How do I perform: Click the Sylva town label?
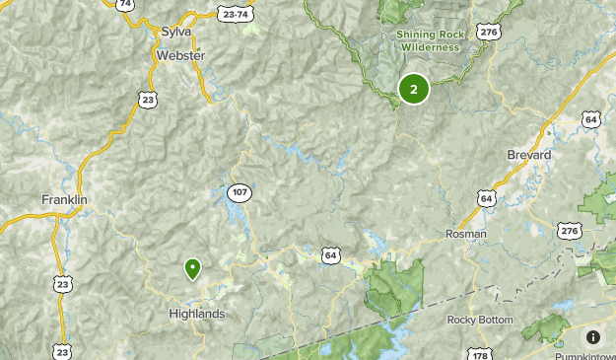[x=176, y=33]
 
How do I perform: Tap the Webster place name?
[x=180, y=56]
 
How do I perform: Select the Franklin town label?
[x=65, y=200]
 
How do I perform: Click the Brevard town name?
[x=528, y=156]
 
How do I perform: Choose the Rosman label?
[x=466, y=234]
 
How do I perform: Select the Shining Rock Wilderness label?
[x=429, y=40]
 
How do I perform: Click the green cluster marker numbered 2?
[x=413, y=90]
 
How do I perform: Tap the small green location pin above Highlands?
[x=192, y=267]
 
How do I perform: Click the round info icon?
[x=593, y=337]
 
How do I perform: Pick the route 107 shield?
[x=240, y=191]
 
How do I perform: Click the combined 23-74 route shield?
[x=236, y=15]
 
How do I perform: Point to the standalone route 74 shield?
[x=124, y=5]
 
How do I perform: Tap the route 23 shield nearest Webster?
[x=148, y=99]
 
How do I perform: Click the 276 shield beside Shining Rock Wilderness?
[x=488, y=33]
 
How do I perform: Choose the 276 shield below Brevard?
[x=569, y=230]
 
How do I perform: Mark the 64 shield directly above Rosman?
[x=486, y=198]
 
